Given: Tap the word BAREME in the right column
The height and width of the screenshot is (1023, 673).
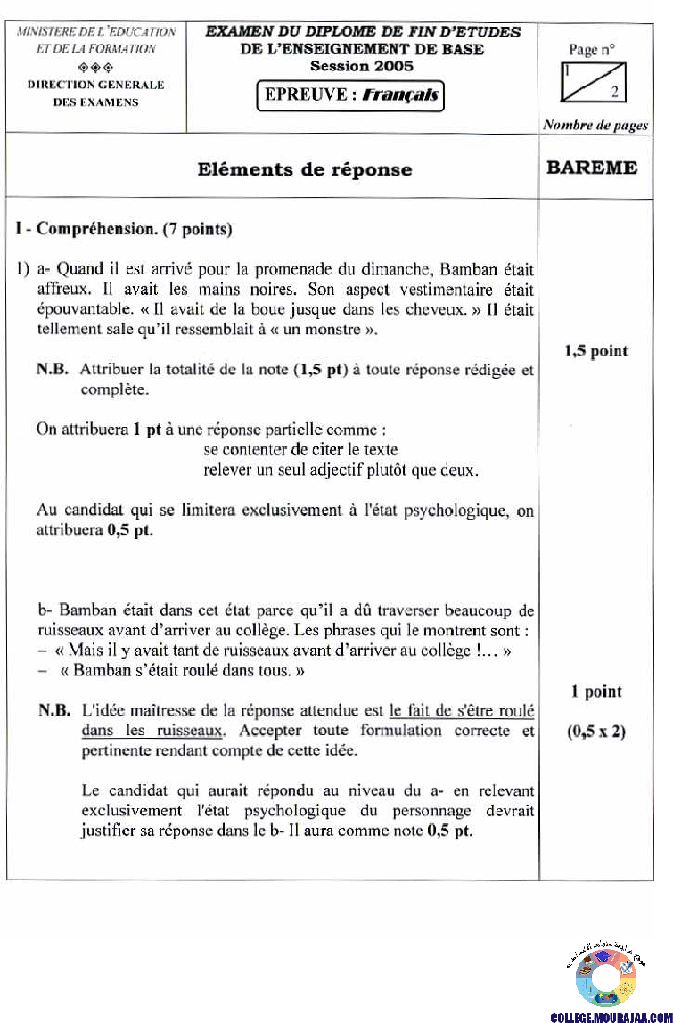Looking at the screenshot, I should tap(593, 167).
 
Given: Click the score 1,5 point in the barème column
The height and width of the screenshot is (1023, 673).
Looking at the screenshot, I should tap(595, 350).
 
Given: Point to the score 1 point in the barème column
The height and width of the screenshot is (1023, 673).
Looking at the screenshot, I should tap(596, 692).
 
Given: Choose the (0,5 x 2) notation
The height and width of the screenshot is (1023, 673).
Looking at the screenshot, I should tap(596, 732).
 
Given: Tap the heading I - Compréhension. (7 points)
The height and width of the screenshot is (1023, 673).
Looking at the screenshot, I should tap(125, 229).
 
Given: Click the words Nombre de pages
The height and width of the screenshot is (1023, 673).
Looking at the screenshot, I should tap(595, 126).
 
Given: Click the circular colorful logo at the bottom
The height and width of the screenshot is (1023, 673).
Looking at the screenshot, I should tap(605, 978).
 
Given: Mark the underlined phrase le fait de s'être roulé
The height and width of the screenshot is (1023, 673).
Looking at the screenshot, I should tap(462, 711).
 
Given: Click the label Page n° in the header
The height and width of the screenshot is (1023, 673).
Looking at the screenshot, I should tap(595, 50).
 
